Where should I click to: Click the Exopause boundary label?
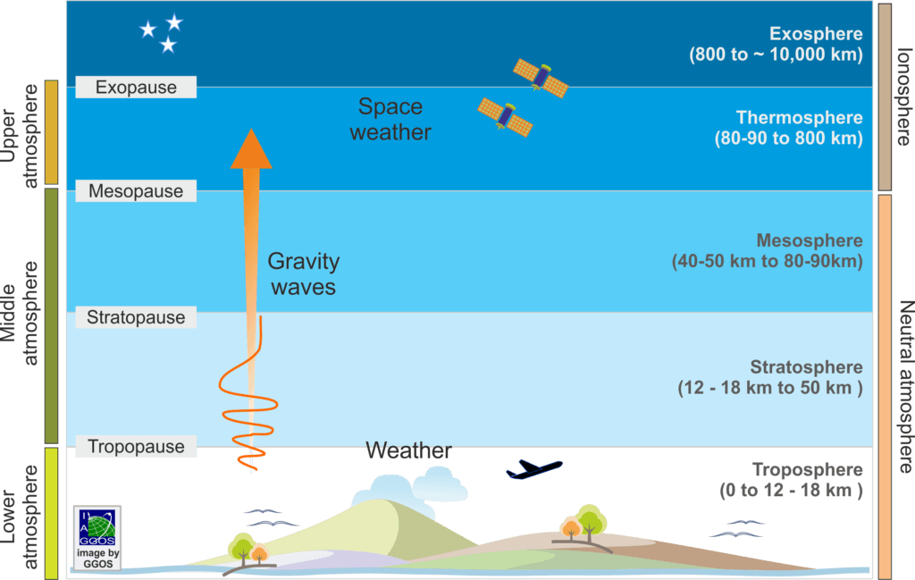click(136, 87)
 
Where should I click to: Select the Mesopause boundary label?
click(136, 191)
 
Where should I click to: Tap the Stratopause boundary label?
click(136, 317)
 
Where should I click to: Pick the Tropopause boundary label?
click(136, 446)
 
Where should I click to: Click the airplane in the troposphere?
click(534, 469)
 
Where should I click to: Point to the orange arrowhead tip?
click(251, 129)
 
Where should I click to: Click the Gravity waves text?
click(304, 273)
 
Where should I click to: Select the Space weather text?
click(390, 119)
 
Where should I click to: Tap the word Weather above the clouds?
click(408, 450)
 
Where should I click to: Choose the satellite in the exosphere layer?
click(541, 78)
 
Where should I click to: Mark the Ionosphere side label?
click(903, 97)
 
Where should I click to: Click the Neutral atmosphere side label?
click(904, 386)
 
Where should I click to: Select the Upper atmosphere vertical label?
click(19, 135)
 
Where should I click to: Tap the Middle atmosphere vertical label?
click(19, 314)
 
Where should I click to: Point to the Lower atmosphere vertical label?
click(19, 517)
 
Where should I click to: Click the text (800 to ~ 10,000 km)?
click(776, 55)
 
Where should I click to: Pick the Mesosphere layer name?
click(810, 240)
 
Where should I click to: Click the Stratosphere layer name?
click(806, 367)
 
